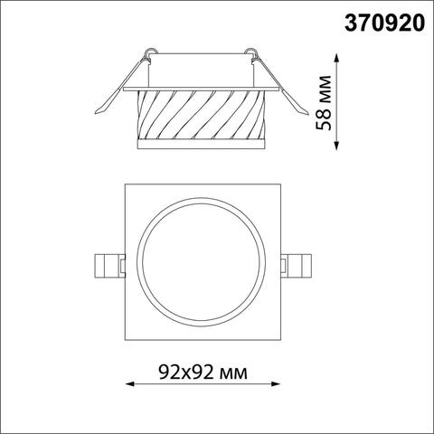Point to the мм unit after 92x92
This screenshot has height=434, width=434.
[x=231, y=372]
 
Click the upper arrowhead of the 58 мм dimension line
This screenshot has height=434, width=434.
[x=338, y=57]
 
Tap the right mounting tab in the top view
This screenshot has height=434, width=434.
[x=295, y=265]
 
